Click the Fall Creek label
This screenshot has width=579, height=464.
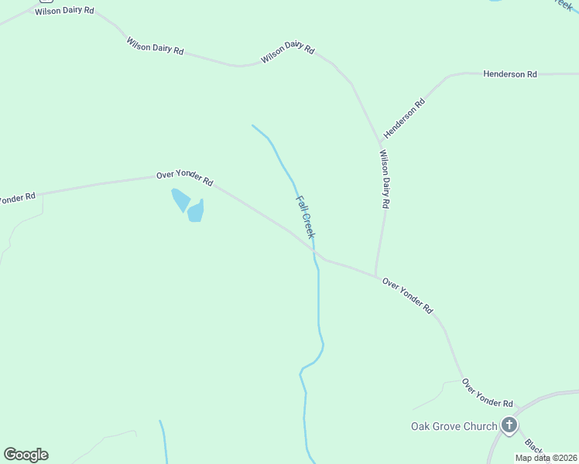(306, 217)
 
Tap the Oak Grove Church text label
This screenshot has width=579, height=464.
(454, 426)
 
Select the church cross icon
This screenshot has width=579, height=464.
(509, 425)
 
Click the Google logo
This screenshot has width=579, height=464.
(26, 455)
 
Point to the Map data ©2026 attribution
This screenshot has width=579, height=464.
(545, 458)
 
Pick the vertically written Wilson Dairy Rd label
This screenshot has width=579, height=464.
(384, 179)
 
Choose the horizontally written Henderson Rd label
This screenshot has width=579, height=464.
(509, 74)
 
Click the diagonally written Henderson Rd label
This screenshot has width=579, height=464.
(405, 118)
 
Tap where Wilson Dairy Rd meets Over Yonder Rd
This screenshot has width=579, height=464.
(376, 277)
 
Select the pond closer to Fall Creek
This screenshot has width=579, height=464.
(196, 210)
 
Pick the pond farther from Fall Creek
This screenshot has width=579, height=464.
(180, 199)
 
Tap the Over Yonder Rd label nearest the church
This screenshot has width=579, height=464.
(487, 393)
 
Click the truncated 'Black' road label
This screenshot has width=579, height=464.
(534, 448)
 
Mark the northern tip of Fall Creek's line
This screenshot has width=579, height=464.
(252, 125)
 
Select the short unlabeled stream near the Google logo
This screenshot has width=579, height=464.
(163, 441)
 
